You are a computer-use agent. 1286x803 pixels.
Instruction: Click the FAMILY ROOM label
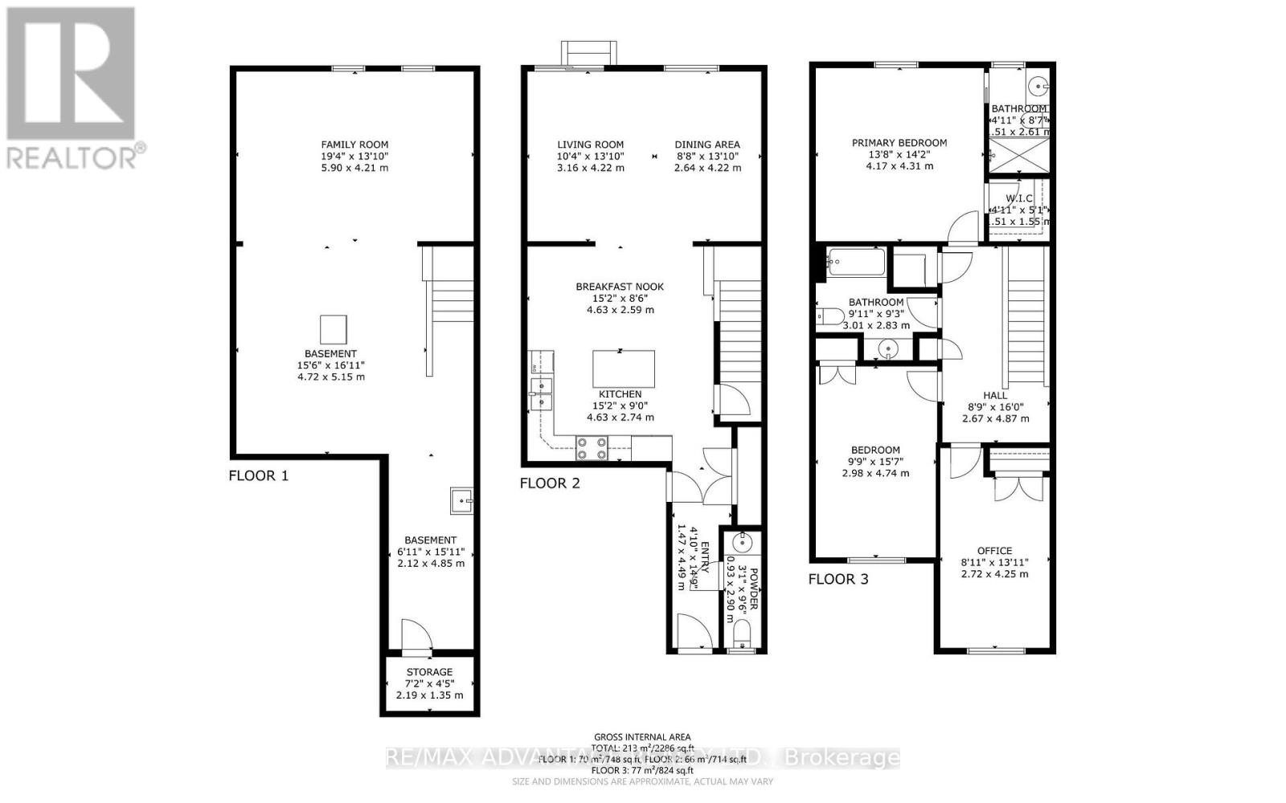click(x=354, y=145)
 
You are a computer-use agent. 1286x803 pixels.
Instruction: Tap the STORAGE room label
click(x=429, y=672)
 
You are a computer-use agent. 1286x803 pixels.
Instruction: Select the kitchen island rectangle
click(x=624, y=369)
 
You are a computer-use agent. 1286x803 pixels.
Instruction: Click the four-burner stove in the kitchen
click(x=592, y=448)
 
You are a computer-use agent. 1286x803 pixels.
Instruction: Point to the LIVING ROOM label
click(x=590, y=145)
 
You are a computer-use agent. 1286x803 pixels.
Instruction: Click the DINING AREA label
click(x=707, y=145)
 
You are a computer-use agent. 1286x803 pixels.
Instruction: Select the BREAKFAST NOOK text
click(x=620, y=287)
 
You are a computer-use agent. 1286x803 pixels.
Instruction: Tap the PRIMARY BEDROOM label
click(x=899, y=143)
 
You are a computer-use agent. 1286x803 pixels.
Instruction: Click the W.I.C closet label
click(x=1018, y=198)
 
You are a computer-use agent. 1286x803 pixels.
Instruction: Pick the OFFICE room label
click(x=994, y=551)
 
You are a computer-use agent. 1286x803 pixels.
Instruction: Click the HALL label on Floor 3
click(x=995, y=395)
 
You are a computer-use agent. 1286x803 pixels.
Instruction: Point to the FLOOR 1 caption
click(x=258, y=475)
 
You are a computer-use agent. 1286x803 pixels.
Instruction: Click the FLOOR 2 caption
click(x=549, y=483)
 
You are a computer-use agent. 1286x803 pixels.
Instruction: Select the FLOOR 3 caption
click(x=838, y=579)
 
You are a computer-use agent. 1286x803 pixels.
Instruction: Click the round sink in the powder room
click(x=743, y=543)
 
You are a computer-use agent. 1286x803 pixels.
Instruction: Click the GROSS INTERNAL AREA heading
click(x=642, y=737)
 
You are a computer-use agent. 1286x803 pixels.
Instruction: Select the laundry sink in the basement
click(x=462, y=501)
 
